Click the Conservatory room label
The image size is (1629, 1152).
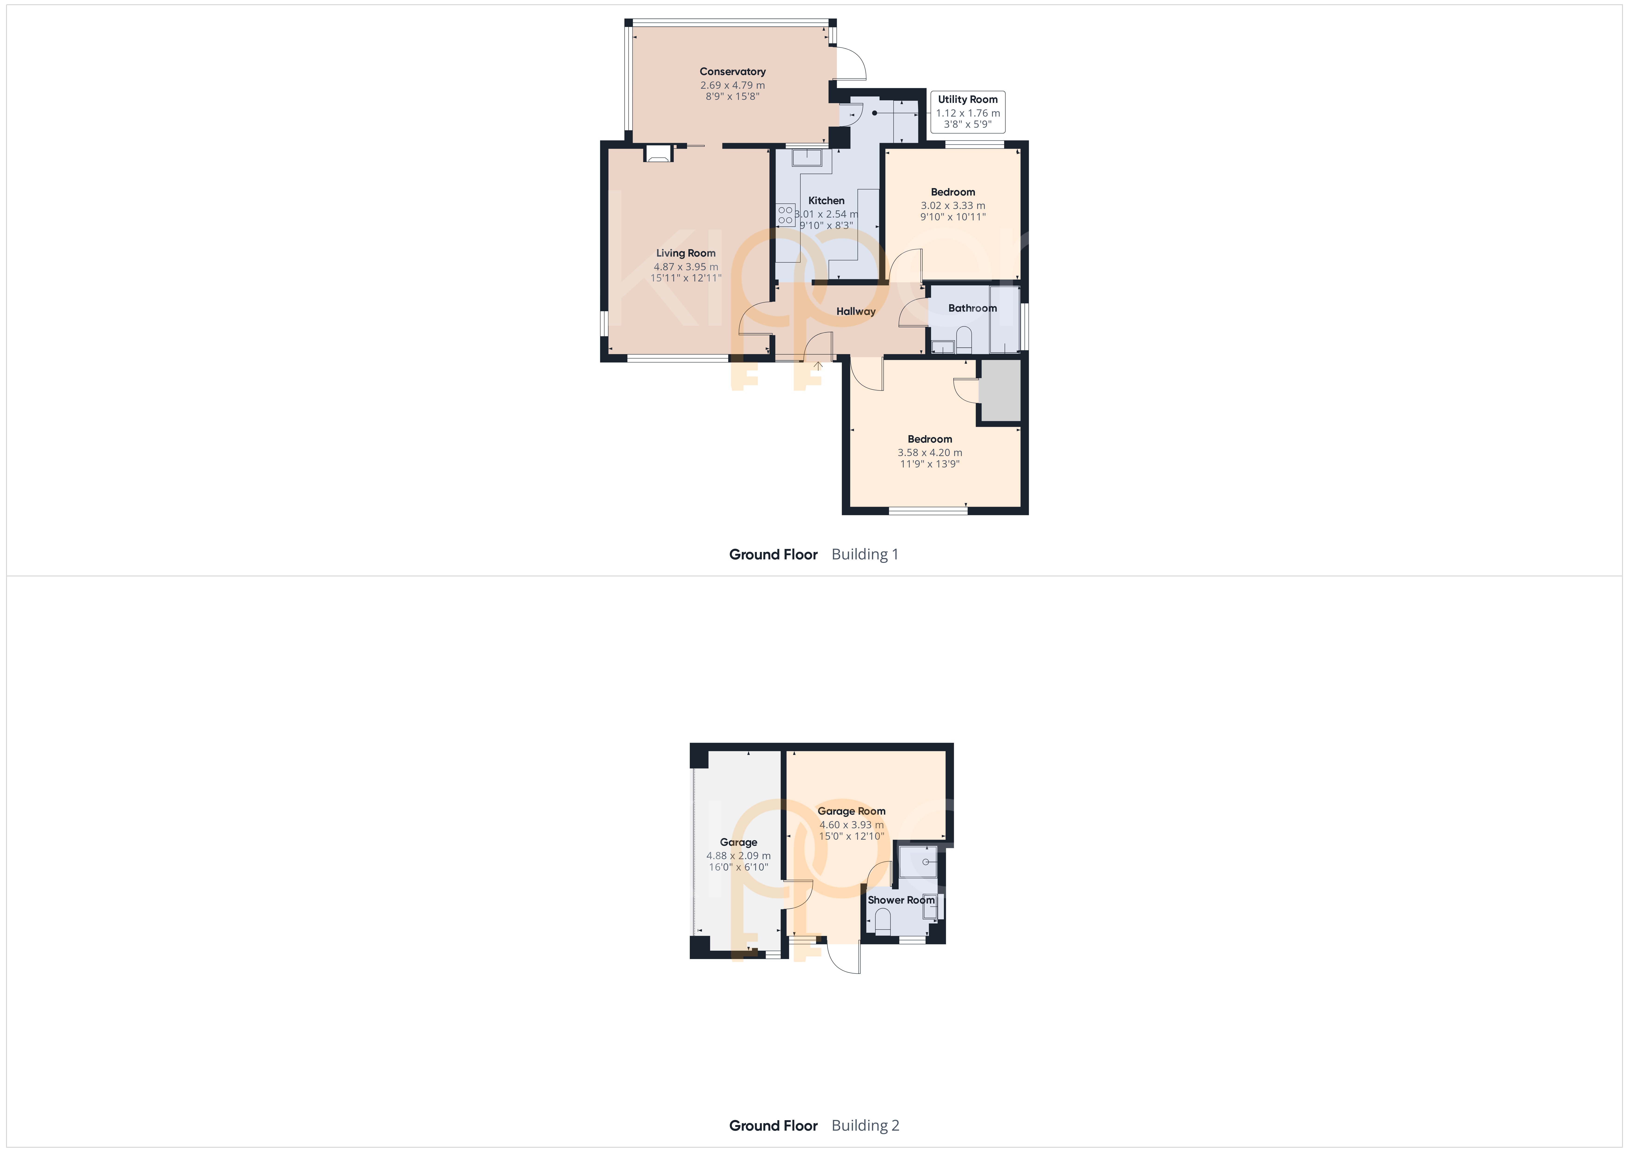(732, 72)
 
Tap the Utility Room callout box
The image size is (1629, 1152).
(968, 111)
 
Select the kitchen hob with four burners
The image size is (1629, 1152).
(785, 215)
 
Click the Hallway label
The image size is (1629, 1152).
(856, 312)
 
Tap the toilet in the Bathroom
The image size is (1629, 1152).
(964, 339)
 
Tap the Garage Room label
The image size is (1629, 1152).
(851, 811)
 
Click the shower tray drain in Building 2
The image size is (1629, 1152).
(926, 862)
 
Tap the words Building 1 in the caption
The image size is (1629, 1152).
(865, 554)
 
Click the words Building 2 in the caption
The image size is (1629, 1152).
(865, 1126)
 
